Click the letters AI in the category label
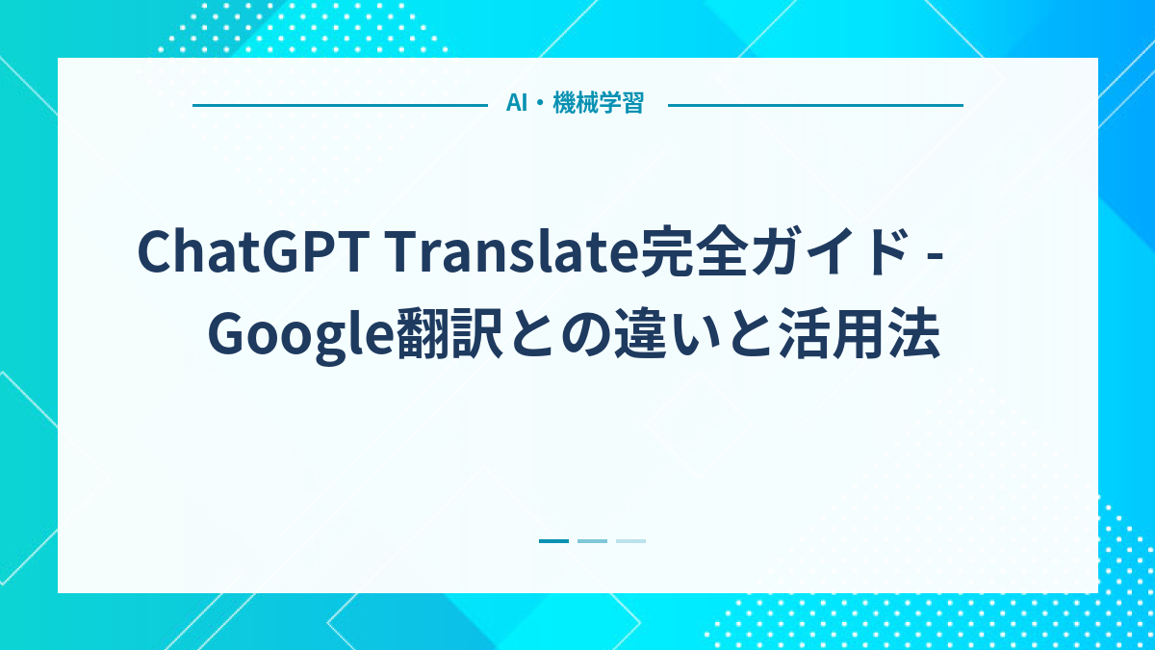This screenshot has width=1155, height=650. tap(516, 104)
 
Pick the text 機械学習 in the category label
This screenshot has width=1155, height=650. tap(598, 104)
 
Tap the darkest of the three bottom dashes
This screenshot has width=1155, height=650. tap(553, 541)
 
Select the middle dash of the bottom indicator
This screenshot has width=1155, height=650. tap(592, 541)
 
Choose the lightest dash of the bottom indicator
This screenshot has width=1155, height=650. tap(630, 541)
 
